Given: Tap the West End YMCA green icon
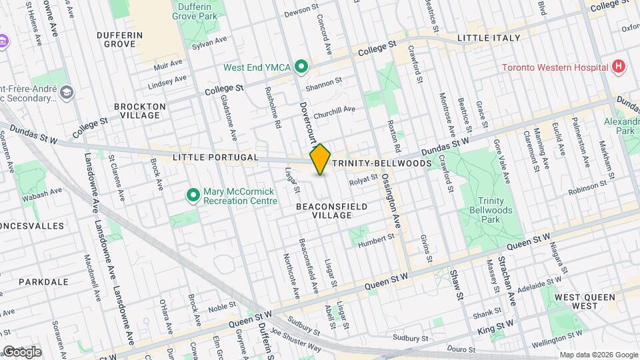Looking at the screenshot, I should [301, 67].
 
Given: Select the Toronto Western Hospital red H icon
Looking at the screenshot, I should [619, 67].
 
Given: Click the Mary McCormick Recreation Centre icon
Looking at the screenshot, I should [193, 195].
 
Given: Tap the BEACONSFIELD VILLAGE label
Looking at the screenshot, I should [331, 211].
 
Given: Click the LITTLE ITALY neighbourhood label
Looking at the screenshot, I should [489, 38].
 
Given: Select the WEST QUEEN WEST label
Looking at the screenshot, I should [585, 301].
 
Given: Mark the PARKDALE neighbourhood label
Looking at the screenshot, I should [43, 282].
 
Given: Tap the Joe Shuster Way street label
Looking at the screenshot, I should [295, 337].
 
